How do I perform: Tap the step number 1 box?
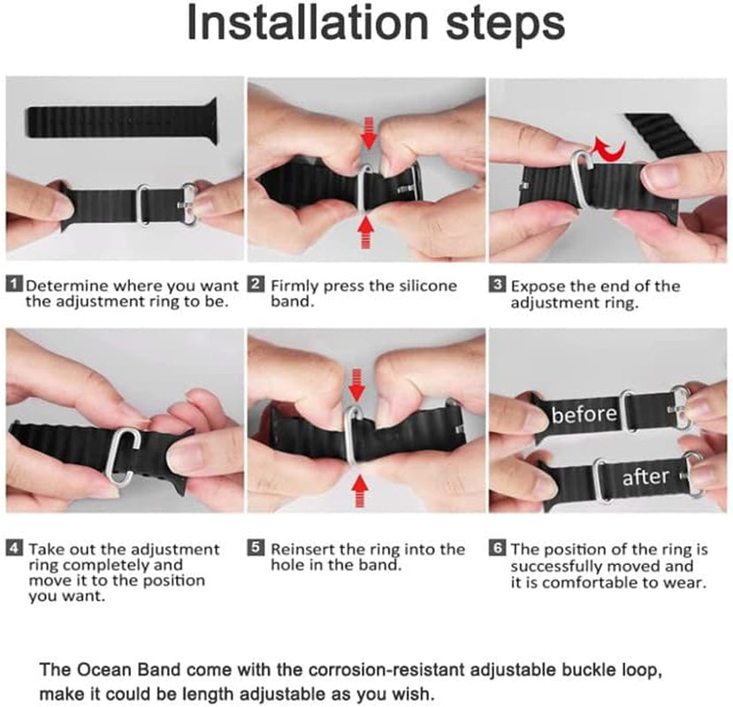(x=14, y=285)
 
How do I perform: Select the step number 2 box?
(x=256, y=285)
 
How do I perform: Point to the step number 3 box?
(x=497, y=285)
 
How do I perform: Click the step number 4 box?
(x=14, y=549)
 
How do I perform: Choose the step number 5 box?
(x=256, y=549)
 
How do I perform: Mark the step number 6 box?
(x=497, y=549)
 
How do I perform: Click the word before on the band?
(x=584, y=414)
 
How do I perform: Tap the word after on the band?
(x=645, y=477)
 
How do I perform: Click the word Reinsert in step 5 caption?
(x=303, y=549)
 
